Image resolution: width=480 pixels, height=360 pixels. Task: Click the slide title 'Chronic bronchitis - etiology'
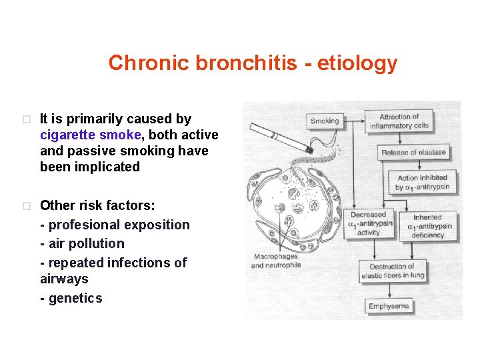253,63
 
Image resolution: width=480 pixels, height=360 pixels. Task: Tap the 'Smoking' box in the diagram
325,121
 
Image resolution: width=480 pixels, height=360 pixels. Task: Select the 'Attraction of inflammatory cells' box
399,121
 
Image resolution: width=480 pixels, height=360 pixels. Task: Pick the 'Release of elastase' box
413,153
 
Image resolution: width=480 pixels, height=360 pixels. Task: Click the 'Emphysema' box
389,307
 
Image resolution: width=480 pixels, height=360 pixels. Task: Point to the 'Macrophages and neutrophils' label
275,261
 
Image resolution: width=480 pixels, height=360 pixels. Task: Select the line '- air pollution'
82,243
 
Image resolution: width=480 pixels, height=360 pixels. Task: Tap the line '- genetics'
71,298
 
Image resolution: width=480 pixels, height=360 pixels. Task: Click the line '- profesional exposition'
115,225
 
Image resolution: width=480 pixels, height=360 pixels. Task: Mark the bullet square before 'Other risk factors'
25,206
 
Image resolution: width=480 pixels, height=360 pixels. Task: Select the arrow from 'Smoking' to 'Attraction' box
354,121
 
